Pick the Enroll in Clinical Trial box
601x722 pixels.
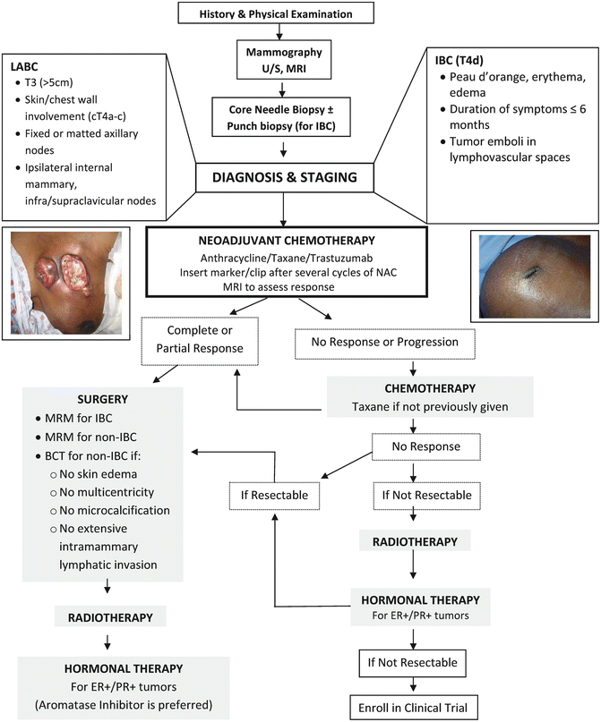coord(412,703)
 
